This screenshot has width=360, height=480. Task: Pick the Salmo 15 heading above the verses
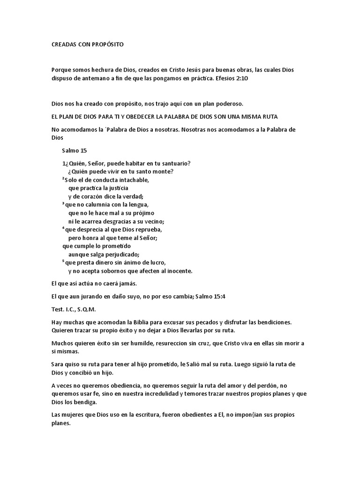pos(74,150)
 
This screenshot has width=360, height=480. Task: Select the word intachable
pos(131,180)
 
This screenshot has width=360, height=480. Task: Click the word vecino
pos(153,221)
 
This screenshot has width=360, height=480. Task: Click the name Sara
pos(57,364)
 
